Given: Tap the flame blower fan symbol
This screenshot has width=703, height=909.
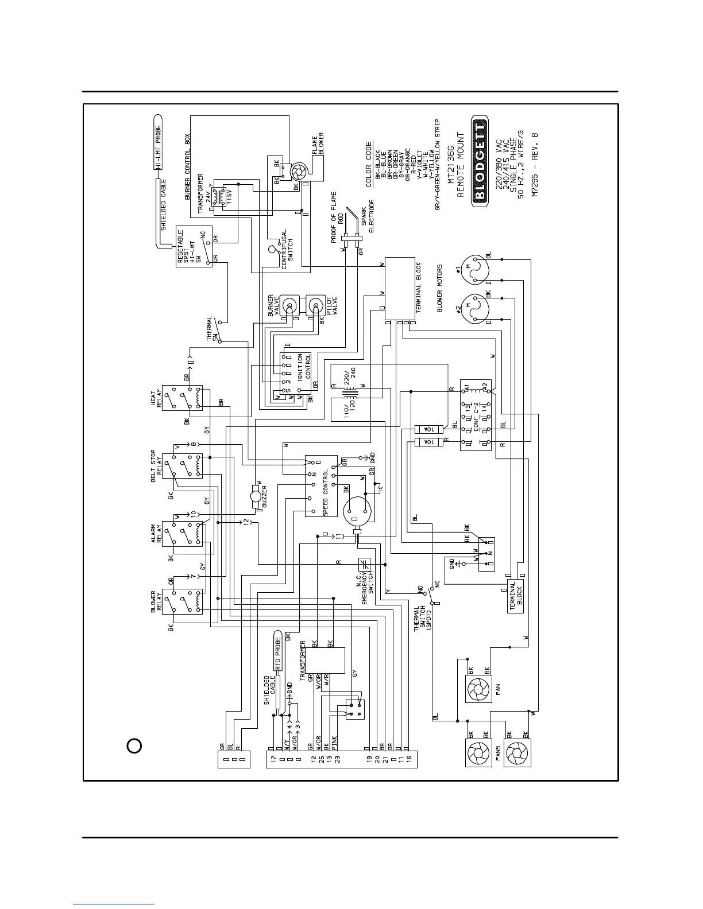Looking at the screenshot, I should point(299,171).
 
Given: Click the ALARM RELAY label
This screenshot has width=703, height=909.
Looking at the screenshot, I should point(156,534).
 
